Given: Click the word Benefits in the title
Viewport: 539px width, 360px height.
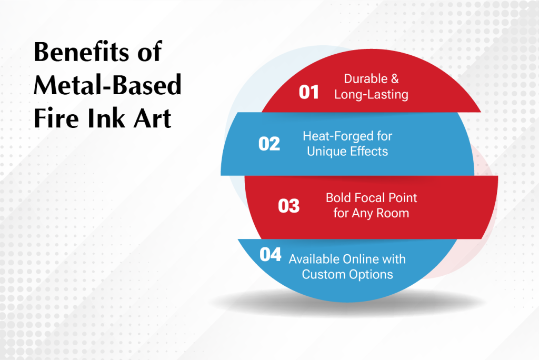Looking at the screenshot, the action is pos(82,52).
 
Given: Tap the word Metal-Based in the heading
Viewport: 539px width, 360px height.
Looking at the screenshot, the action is pos(107,85).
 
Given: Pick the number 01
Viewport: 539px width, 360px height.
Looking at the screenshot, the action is pos(308,92).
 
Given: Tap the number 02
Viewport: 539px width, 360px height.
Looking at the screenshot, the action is pos(269,144).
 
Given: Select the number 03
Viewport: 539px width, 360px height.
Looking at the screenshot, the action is pos(289,206).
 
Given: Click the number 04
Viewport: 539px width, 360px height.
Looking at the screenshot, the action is pos(271,255).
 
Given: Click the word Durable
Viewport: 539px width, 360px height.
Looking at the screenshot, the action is pos(366,79).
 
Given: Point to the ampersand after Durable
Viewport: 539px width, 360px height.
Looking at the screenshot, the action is pos(395,79).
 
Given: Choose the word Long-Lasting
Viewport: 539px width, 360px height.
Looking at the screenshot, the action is pos(371,95).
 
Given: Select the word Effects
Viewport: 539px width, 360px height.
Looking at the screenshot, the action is pos(368,151).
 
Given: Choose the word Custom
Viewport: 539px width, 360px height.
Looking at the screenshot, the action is pos(324,274).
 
